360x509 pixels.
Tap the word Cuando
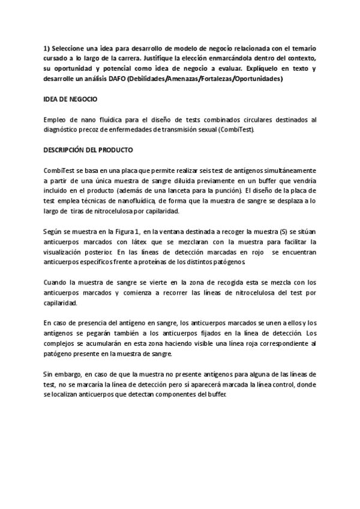click(56, 282)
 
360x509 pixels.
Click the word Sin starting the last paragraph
click(49, 375)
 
